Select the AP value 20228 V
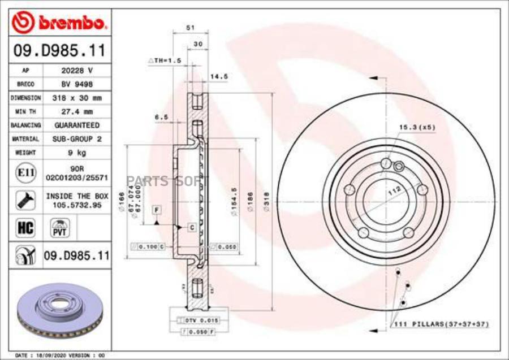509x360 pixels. pyautogui.click(x=77, y=71)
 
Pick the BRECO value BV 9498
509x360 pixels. pyautogui.click(x=77, y=84)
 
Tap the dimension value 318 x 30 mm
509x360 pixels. pyautogui.click(x=77, y=98)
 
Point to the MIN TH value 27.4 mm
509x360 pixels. pyautogui.click(x=77, y=111)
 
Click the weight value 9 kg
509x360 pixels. pyautogui.click(x=77, y=152)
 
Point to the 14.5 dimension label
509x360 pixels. pyautogui.click(x=219, y=76)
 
